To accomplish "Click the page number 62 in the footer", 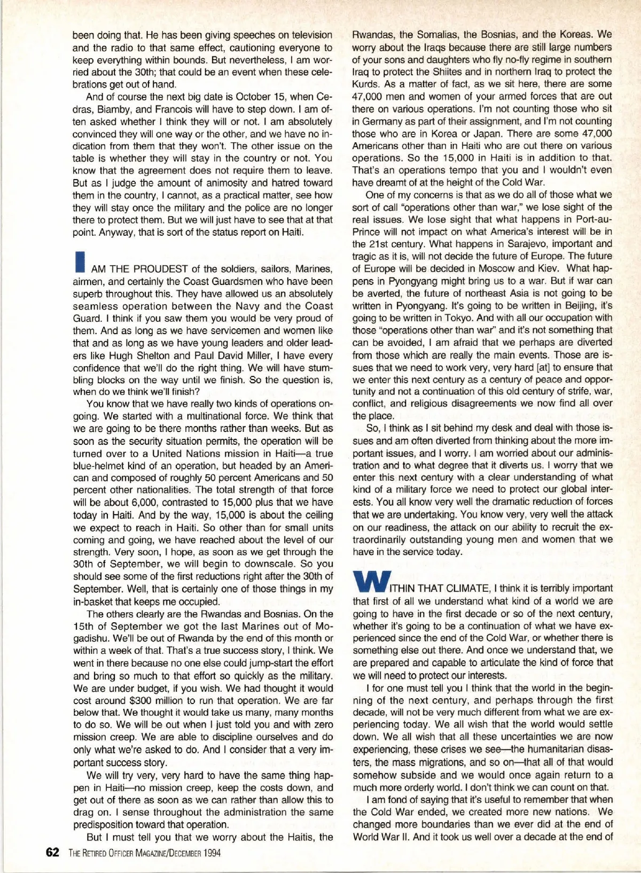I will pyautogui.click(x=52, y=852).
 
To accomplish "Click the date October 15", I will pyautogui.click(x=266, y=97).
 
